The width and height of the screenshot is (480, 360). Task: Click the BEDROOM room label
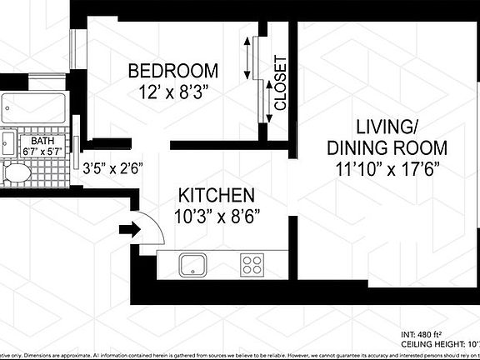[x=172, y=71]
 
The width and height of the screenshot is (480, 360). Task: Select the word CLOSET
[x=281, y=83]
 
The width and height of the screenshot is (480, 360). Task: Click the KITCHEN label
[x=216, y=197]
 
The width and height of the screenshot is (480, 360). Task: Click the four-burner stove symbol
[x=252, y=265]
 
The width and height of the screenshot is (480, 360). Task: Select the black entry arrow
[x=130, y=229]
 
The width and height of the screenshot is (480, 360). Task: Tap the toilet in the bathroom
[x=13, y=175]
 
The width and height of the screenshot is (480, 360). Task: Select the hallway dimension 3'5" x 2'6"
[x=114, y=167]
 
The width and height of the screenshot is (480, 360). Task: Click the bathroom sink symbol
[x=7, y=144]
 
